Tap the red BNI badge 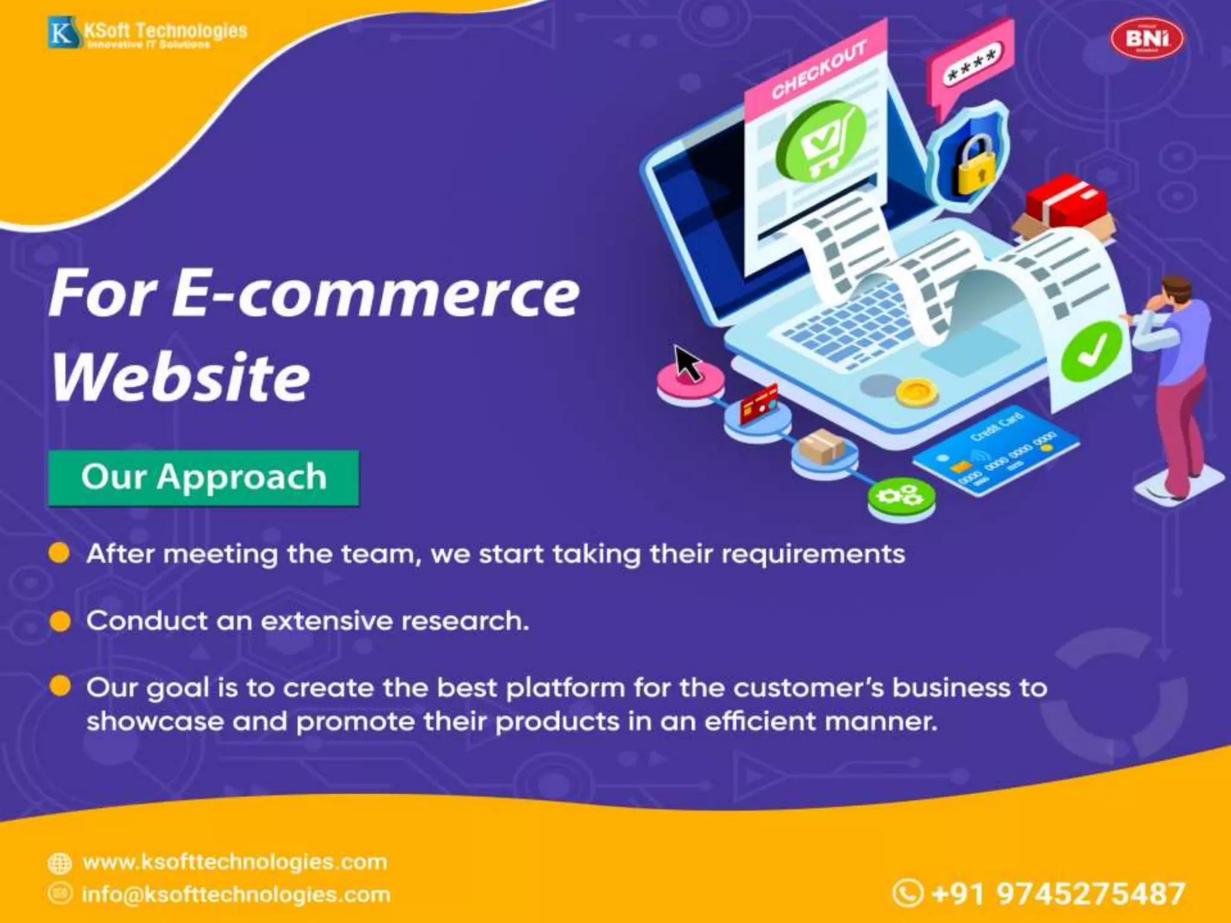click(x=1147, y=39)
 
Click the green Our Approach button click(x=204, y=478)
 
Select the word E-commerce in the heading click(x=376, y=294)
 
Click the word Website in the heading click(x=180, y=377)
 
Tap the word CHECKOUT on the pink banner click(x=819, y=69)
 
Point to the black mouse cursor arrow click(x=688, y=362)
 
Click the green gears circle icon click(x=901, y=497)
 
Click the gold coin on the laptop click(x=916, y=392)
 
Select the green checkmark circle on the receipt click(x=1092, y=352)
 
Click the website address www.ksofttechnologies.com click(x=234, y=862)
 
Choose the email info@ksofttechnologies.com click(x=236, y=894)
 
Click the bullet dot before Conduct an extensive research click(x=60, y=621)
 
